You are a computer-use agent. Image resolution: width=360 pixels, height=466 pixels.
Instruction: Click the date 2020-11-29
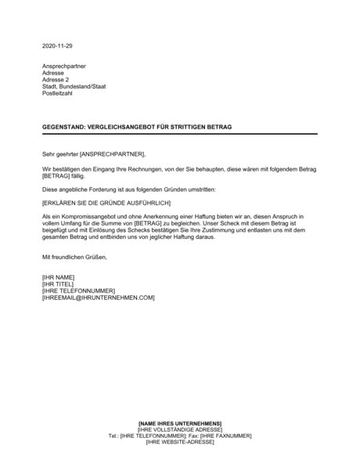click(57, 45)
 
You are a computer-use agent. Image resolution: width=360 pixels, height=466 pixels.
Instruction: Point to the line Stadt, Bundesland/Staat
click(74, 86)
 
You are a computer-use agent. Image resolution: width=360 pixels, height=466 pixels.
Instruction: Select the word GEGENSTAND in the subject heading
click(65, 126)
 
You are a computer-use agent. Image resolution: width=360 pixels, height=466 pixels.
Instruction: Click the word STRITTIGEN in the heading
click(189, 126)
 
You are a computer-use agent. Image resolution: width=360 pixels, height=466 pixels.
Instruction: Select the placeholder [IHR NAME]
click(58, 277)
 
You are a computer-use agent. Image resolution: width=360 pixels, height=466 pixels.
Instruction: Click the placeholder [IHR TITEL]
click(59, 284)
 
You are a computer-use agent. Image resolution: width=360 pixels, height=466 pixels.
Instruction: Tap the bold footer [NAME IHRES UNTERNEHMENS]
click(179, 424)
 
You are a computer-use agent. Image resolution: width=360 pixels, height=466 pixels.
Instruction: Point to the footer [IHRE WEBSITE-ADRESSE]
click(179, 443)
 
